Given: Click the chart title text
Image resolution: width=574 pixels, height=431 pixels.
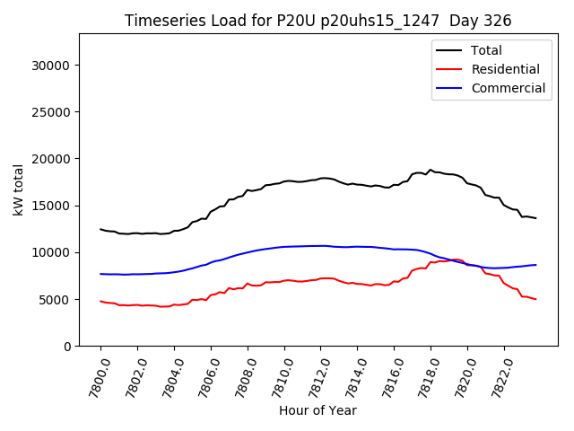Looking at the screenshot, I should pyautogui.click(x=317, y=21).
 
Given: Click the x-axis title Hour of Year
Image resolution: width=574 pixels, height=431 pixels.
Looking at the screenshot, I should pyautogui.click(x=317, y=410).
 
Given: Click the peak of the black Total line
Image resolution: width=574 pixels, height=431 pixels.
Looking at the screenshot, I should pyautogui.click(x=430, y=170).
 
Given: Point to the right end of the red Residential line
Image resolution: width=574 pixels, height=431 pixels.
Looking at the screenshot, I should pyautogui.click(x=536, y=299).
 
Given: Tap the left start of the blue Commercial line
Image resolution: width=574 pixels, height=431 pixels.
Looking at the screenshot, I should pyautogui.click(x=100, y=274).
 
